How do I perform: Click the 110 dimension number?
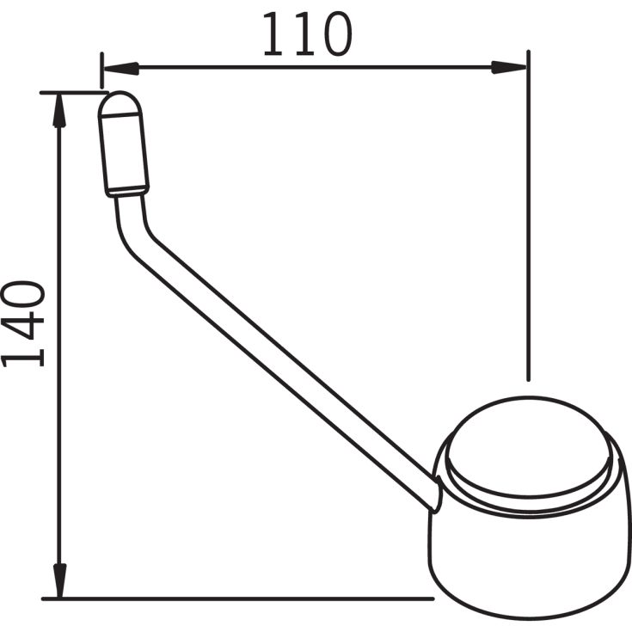click(x=308, y=34)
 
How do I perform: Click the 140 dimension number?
click(x=23, y=324)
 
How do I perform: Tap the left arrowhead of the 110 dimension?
click(x=121, y=68)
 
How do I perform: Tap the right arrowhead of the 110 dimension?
click(x=509, y=67)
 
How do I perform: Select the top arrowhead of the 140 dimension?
click(x=59, y=110)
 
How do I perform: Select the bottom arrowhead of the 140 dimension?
click(x=59, y=580)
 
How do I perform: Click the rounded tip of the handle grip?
click(x=120, y=104)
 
